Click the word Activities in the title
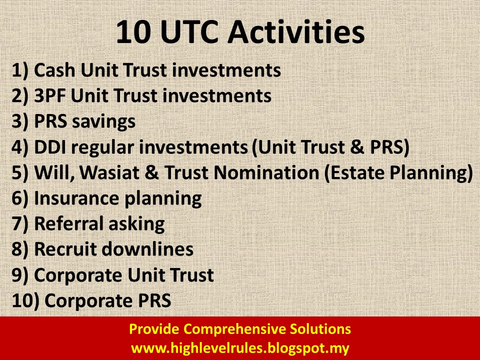tap(296, 32)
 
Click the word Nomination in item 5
tap(266, 172)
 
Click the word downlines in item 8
tap(147, 249)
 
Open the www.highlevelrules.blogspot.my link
tap(240, 348)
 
